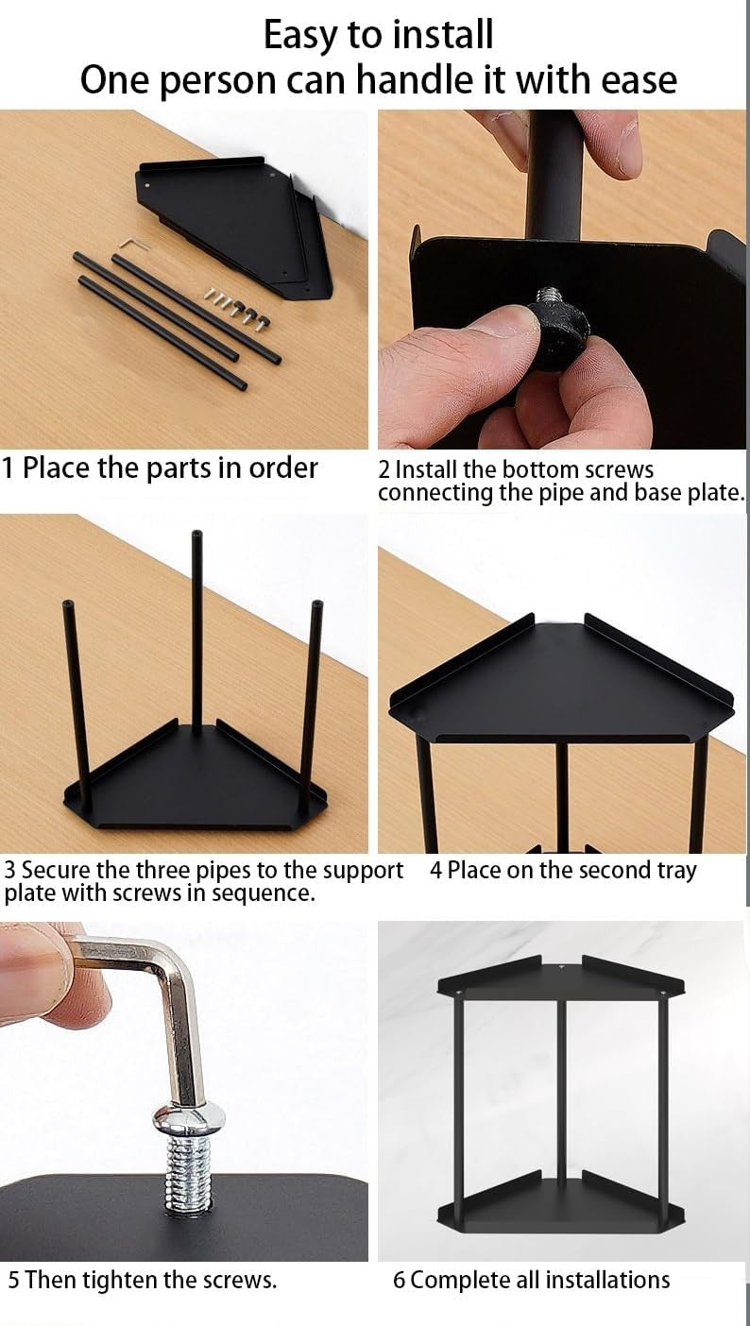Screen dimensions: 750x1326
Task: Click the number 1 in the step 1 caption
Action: [x=8, y=467]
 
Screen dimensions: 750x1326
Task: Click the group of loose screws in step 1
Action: [x=237, y=305]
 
